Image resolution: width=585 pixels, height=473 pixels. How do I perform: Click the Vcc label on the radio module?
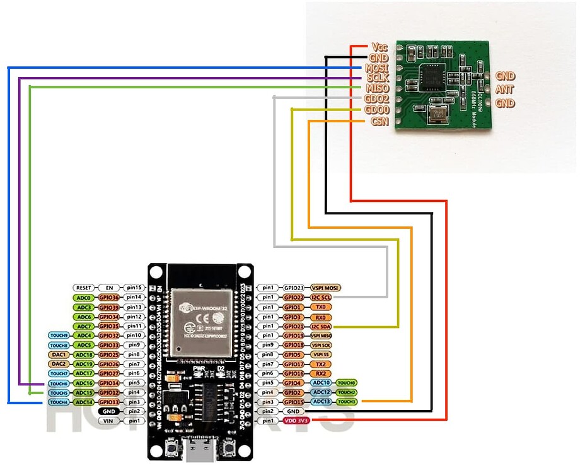point(379,47)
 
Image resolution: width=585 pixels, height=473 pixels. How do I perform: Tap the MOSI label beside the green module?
point(376,67)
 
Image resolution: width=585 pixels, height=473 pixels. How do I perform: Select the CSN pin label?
point(379,121)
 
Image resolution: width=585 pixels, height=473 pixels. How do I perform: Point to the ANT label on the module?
point(504,90)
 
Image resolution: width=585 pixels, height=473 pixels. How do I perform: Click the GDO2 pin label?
point(376,99)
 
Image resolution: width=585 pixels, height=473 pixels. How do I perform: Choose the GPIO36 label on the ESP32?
point(108,297)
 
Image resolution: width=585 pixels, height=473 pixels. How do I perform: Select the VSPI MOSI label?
point(325,288)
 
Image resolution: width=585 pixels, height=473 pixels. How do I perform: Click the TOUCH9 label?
point(59,336)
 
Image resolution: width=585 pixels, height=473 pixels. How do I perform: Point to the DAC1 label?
point(59,354)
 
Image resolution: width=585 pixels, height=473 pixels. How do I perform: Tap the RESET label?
point(84,288)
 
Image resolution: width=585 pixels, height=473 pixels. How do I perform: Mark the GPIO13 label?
point(108,402)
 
